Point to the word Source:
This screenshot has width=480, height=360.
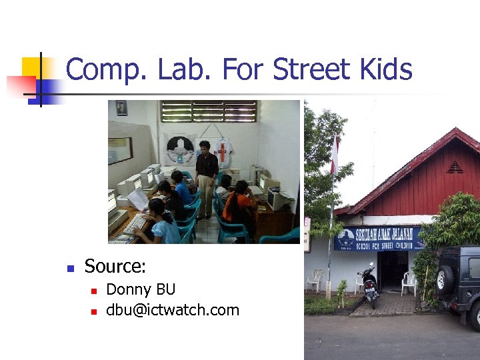tap(115, 267)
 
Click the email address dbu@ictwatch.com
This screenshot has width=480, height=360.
tap(173, 310)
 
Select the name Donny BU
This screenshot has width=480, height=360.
tap(141, 289)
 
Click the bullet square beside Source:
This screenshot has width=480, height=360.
tap(69, 268)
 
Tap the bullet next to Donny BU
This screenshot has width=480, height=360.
tap(94, 291)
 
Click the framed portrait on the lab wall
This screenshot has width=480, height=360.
tap(121, 107)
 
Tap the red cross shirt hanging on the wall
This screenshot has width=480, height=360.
tap(223, 151)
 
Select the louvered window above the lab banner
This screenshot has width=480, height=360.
tap(208, 111)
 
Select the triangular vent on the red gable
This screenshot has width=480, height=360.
tap(455, 167)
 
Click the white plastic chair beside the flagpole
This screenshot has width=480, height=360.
tap(315, 279)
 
